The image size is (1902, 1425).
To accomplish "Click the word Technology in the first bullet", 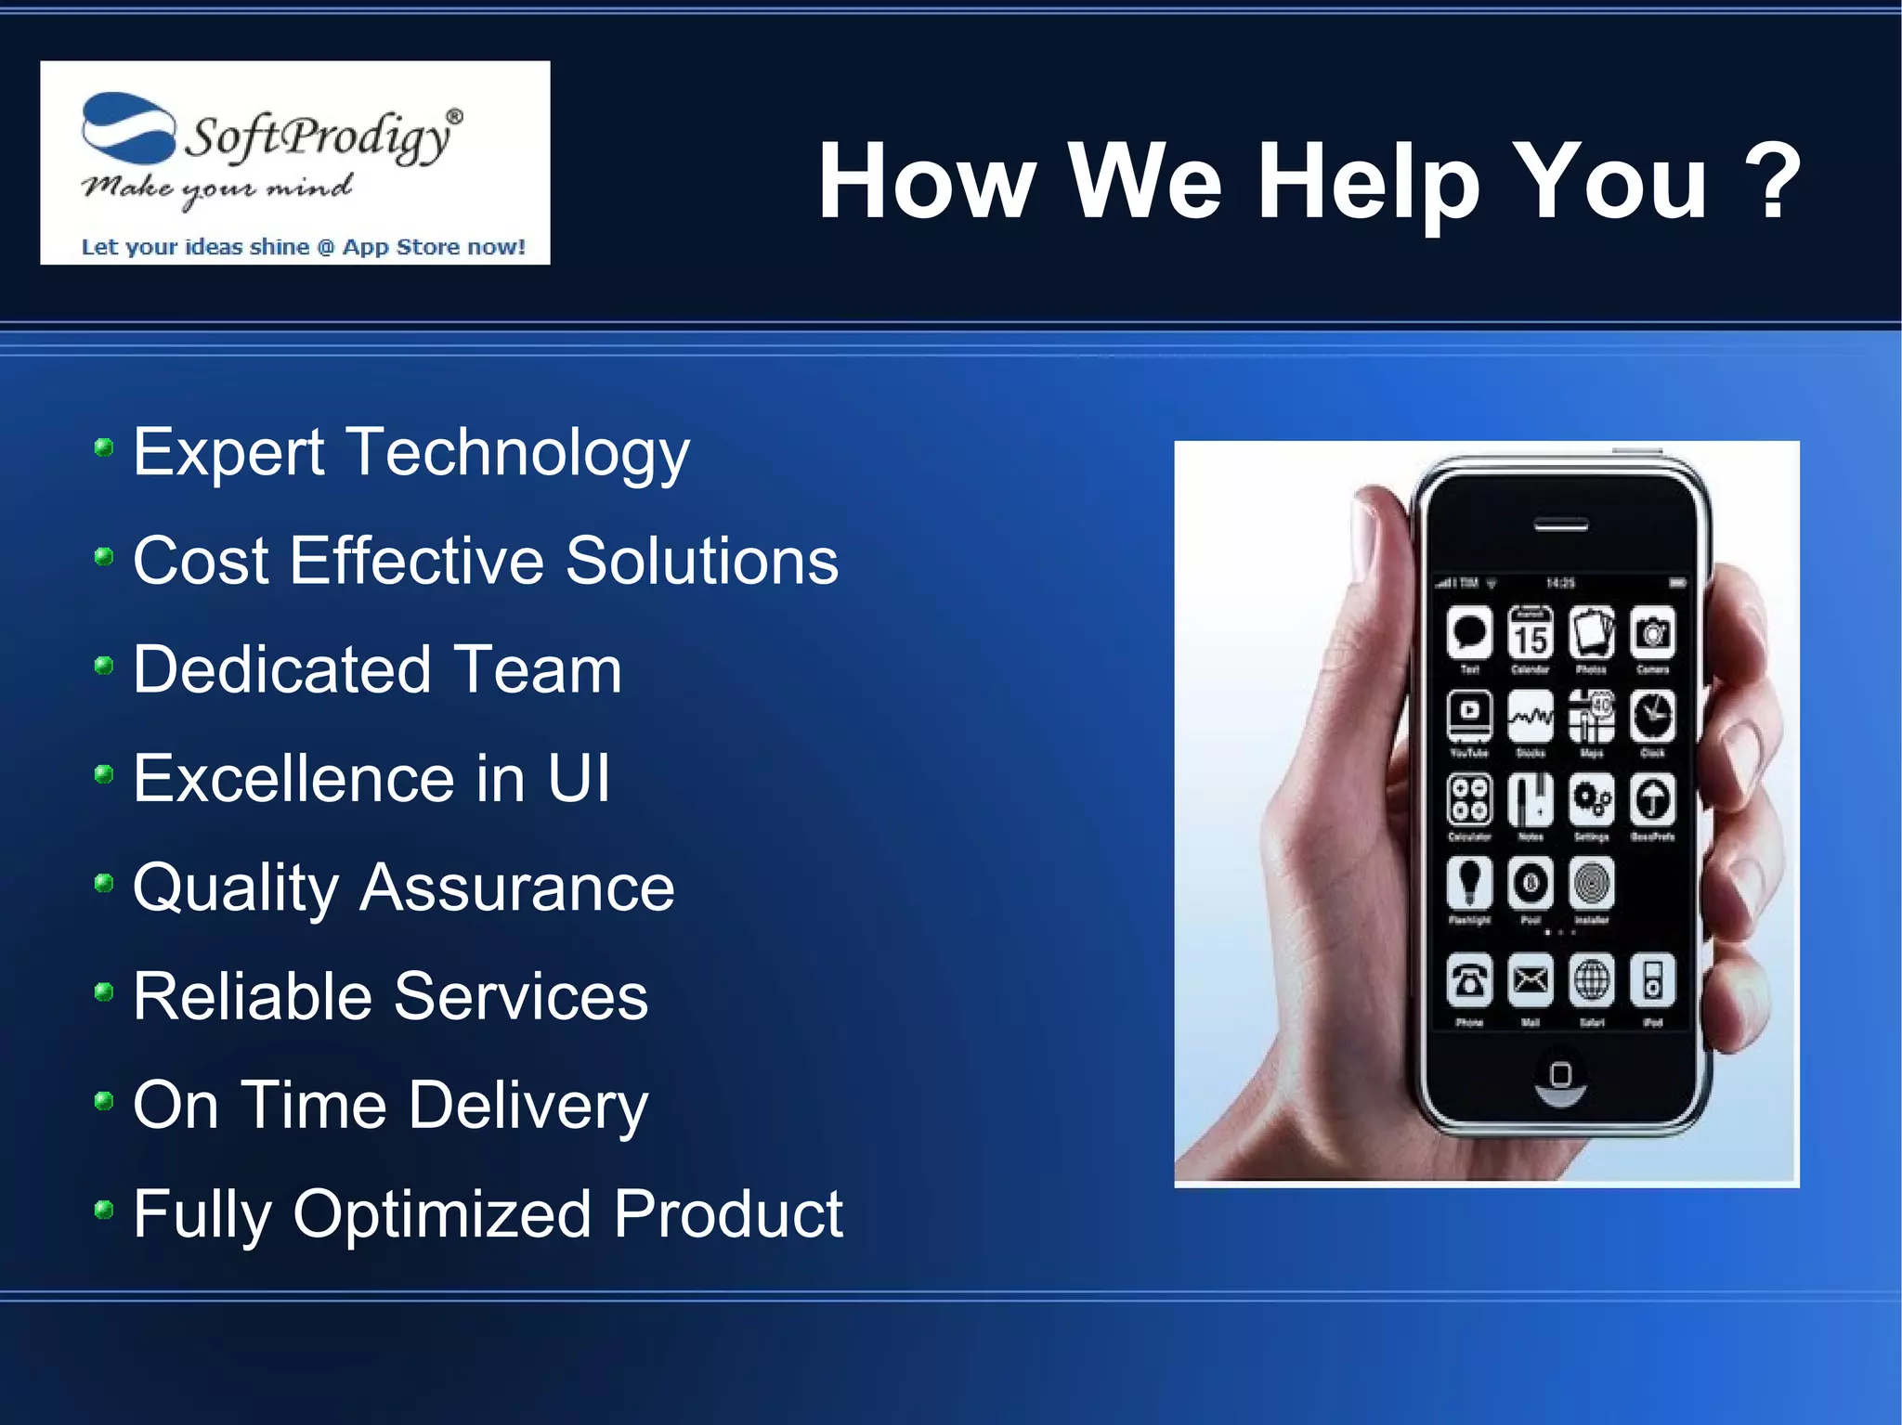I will click(519, 454).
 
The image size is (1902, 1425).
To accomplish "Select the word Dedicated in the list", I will click(281, 669).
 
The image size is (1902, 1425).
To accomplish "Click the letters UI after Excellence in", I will click(578, 778).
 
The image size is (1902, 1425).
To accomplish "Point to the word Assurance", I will click(516, 887).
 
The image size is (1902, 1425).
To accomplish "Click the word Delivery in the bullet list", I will click(528, 1106).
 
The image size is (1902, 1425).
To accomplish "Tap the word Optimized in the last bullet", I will click(442, 1214).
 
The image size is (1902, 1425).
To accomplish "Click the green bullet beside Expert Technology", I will click(104, 449).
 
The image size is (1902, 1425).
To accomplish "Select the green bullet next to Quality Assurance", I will click(104, 884).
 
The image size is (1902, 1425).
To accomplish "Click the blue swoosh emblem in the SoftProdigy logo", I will click(128, 128).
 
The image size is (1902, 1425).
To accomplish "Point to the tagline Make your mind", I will click(216, 188).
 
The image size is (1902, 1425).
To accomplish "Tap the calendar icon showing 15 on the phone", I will click(1530, 634).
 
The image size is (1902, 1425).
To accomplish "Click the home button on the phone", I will click(1560, 1076).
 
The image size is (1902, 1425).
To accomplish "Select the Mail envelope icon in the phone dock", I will click(1530, 979).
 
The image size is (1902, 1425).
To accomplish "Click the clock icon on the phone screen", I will click(1653, 716).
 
